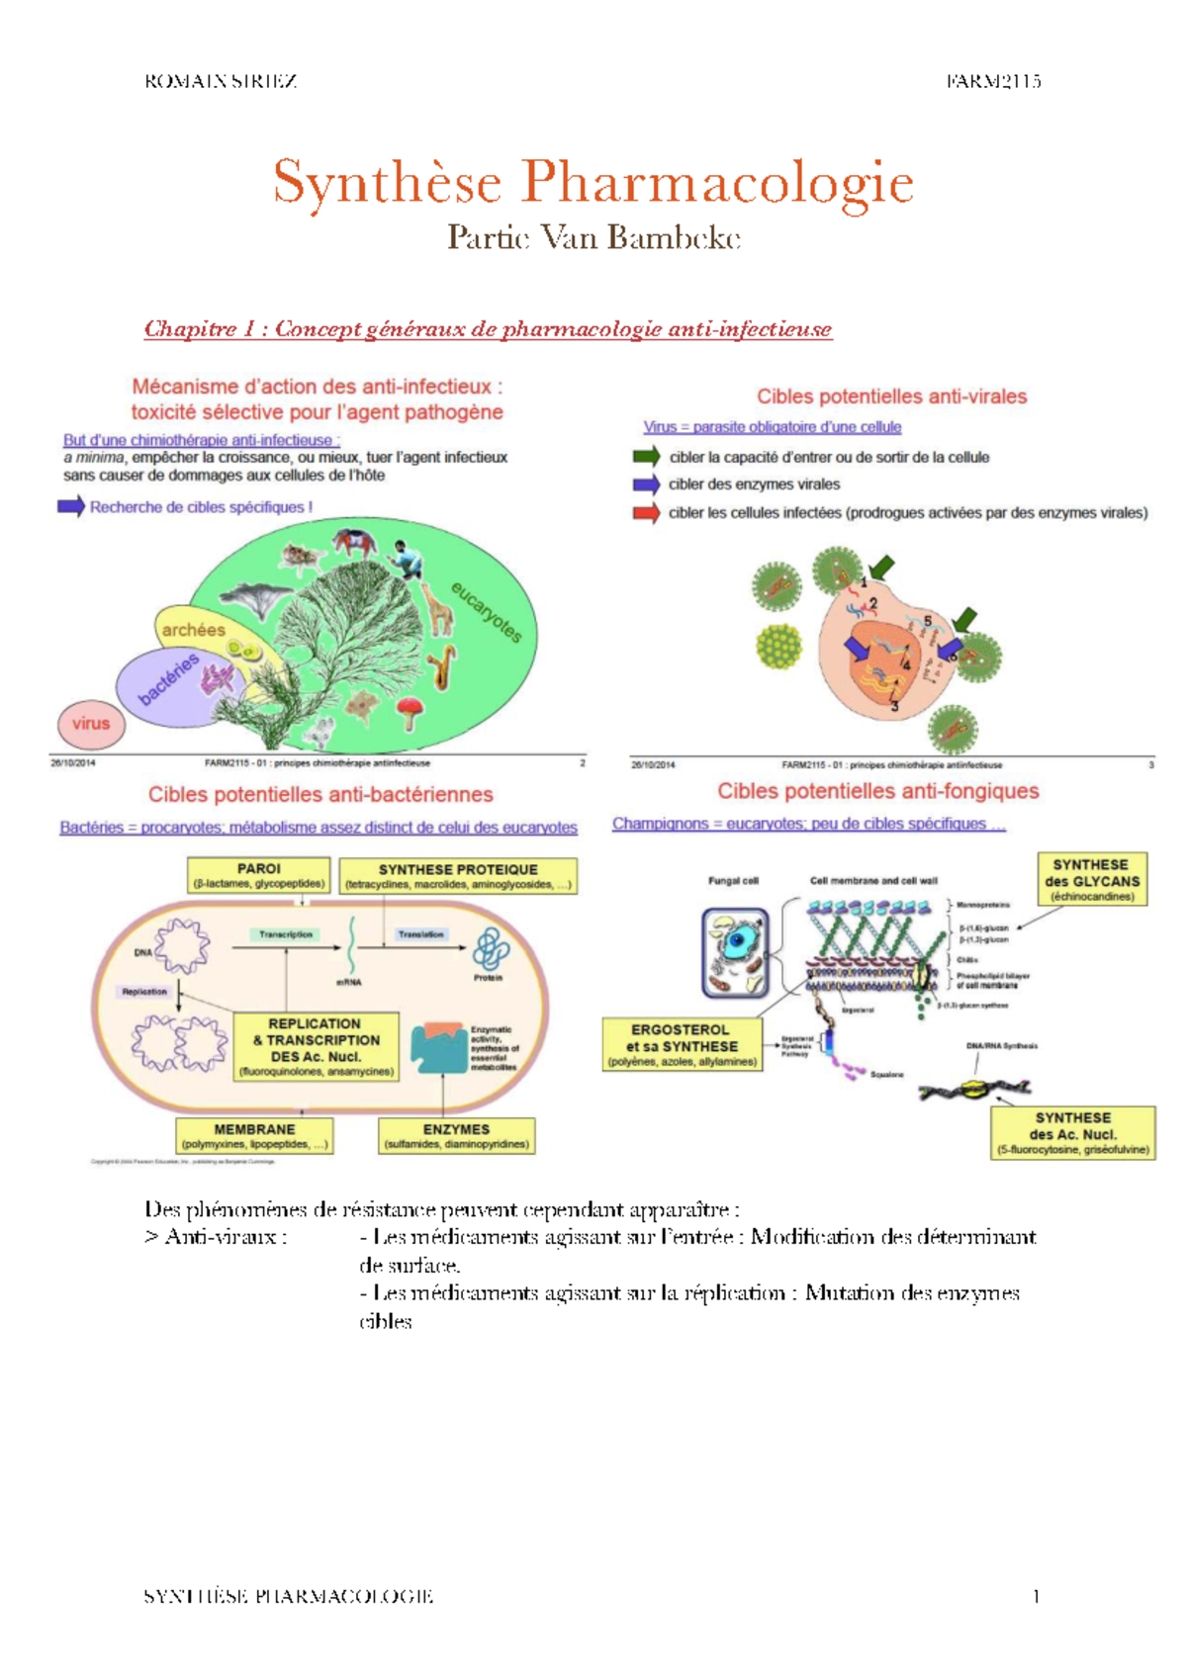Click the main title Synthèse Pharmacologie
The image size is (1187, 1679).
click(593, 183)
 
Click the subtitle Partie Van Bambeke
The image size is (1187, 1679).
click(593, 238)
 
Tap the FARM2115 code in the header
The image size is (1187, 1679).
click(992, 82)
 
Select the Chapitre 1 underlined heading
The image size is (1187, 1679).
click(488, 329)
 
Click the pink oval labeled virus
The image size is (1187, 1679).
click(91, 724)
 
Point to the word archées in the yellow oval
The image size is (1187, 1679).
click(194, 630)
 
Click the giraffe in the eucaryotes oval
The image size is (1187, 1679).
click(440, 611)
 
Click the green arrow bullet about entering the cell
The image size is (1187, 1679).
click(646, 457)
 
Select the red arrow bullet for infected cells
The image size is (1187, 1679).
click(646, 513)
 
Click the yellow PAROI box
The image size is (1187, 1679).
click(259, 875)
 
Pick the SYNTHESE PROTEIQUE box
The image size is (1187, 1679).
click(458, 876)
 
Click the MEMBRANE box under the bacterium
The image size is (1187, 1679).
click(254, 1136)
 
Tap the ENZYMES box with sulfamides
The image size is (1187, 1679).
click(456, 1136)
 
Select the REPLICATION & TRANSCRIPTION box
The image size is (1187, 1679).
click(316, 1046)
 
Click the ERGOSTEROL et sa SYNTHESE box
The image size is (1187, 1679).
click(682, 1045)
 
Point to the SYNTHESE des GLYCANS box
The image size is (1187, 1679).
click(1091, 879)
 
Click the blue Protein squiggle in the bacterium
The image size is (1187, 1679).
click(490, 949)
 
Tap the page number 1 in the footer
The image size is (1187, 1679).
click(1036, 1596)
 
